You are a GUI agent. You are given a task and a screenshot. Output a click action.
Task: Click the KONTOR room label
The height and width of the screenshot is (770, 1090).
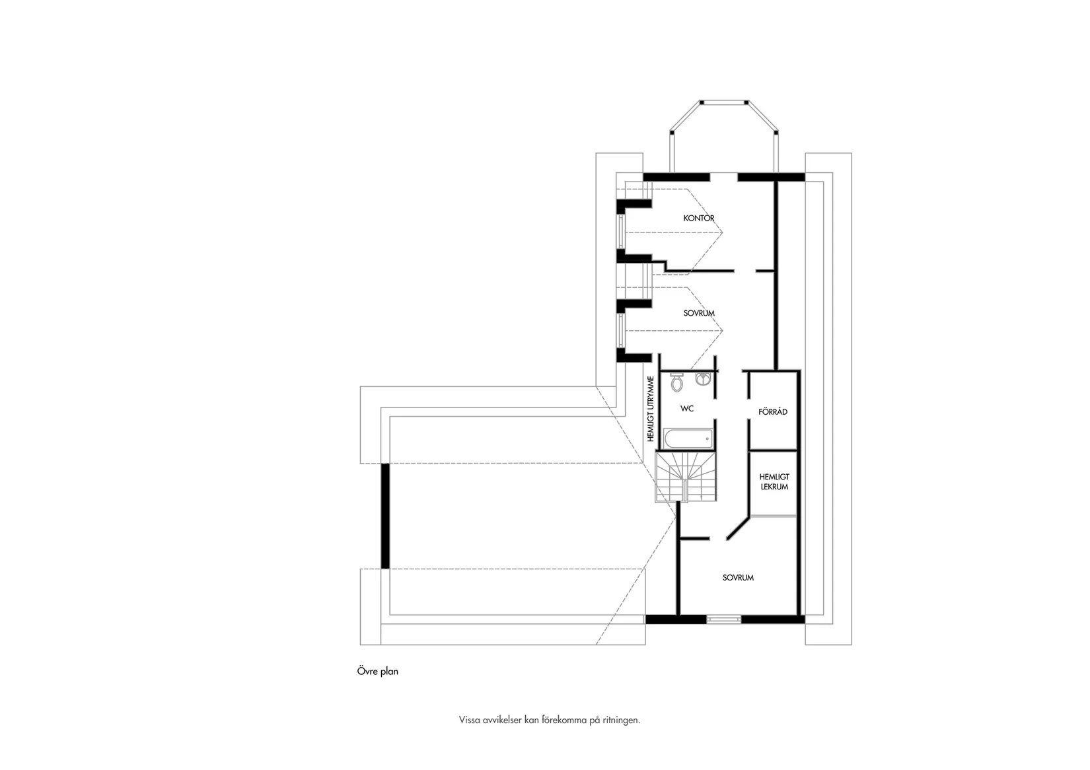click(699, 219)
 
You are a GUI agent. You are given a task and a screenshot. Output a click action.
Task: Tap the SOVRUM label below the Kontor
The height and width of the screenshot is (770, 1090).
click(699, 313)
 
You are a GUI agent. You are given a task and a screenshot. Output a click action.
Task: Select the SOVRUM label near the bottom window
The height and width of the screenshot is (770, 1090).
click(738, 578)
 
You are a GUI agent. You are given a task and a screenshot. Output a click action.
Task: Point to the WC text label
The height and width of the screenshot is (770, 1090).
click(686, 409)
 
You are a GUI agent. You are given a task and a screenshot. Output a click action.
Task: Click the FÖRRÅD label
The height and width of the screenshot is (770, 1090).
click(773, 411)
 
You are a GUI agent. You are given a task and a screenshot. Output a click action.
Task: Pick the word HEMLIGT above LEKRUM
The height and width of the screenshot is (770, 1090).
click(774, 477)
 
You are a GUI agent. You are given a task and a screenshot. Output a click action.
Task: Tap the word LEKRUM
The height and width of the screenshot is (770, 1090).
click(774, 487)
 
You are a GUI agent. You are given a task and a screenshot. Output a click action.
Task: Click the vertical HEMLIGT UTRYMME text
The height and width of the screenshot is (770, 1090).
click(651, 409)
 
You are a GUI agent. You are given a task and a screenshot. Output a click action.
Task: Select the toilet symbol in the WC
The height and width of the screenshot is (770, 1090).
click(676, 382)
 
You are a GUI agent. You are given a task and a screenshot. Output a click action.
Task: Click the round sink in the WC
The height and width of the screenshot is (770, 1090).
click(702, 378)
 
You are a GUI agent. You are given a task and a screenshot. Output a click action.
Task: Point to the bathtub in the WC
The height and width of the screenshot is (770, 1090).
click(688, 438)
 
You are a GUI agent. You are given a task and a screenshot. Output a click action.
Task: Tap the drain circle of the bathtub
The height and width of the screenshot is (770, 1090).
click(707, 438)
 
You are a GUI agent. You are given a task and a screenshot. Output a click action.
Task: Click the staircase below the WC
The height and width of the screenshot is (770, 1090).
click(686, 477)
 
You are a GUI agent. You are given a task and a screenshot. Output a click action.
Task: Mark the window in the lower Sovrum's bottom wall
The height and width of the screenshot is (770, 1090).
click(723, 619)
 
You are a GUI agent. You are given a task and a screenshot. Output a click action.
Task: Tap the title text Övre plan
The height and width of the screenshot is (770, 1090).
click(378, 671)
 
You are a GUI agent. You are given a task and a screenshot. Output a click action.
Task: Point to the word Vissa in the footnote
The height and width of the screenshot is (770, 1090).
click(469, 720)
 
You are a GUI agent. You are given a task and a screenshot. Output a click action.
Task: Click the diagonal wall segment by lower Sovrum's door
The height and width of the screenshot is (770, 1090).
click(738, 528)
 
